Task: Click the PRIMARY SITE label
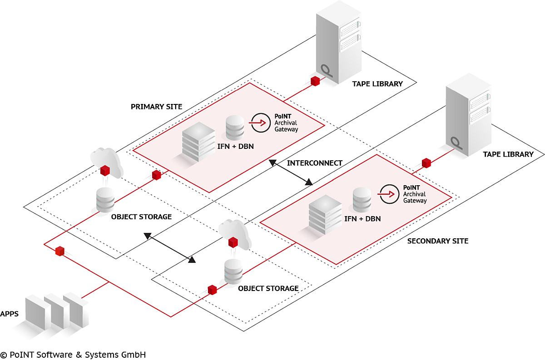pyautogui.click(x=156, y=107)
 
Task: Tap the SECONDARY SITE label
pyautogui.click(x=437, y=241)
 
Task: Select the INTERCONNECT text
pyautogui.click(x=315, y=163)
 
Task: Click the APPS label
pyautogui.click(x=10, y=314)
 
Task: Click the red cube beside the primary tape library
pyautogui.click(x=315, y=82)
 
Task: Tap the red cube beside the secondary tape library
pyautogui.click(x=426, y=162)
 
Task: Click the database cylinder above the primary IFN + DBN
pyautogui.click(x=235, y=127)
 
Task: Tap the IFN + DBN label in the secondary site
pyautogui.click(x=362, y=219)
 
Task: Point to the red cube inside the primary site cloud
pyautogui.click(x=105, y=170)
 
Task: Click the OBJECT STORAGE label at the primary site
pyautogui.click(x=141, y=217)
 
